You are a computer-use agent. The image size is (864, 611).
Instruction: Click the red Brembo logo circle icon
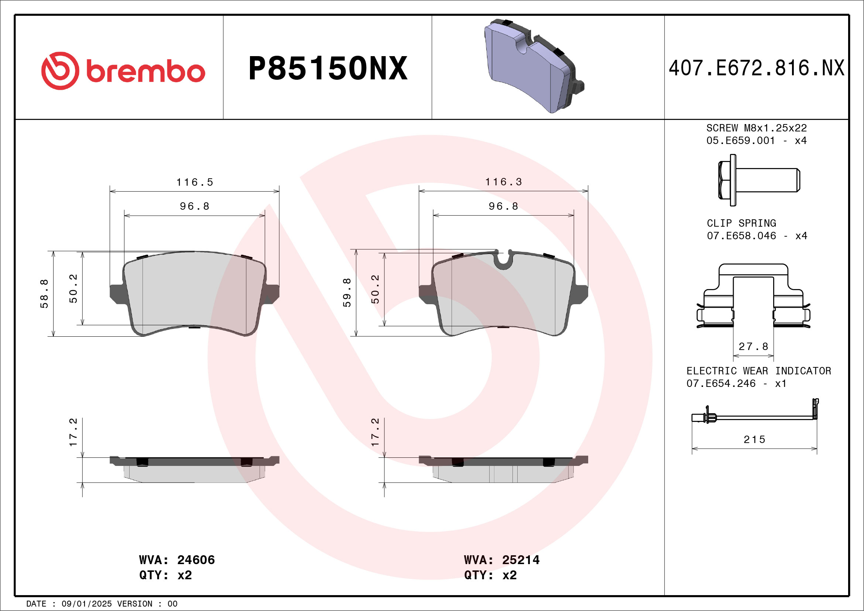click(60, 71)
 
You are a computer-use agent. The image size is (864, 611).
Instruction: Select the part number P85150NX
click(328, 68)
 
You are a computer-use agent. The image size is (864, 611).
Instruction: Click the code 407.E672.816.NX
click(757, 68)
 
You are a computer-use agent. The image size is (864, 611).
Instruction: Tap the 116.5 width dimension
click(195, 182)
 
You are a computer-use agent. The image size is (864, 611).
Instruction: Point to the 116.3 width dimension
click(504, 182)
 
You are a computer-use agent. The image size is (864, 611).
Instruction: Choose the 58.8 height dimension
click(44, 294)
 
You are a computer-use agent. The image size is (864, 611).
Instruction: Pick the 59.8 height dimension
click(347, 293)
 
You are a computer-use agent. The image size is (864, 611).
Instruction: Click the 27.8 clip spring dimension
click(753, 347)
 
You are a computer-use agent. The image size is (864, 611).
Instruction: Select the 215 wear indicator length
click(754, 439)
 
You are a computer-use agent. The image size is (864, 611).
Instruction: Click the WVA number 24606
click(196, 560)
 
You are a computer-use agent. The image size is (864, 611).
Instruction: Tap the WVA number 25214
click(521, 560)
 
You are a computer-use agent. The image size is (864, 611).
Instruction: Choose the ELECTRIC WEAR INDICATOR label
click(759, 371)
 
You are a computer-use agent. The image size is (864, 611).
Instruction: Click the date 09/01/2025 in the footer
click(86, 604)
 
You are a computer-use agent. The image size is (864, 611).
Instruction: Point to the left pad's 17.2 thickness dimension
click(73, 432)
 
